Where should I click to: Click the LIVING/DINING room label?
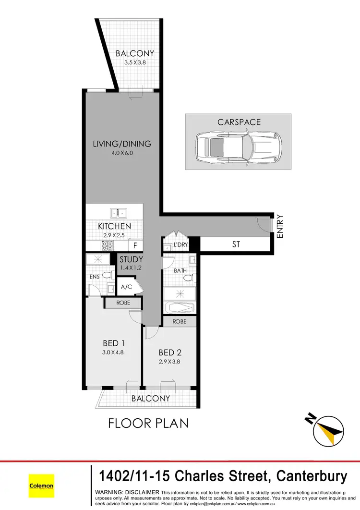coord(121,144)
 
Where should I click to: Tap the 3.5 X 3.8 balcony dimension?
coord(135,62)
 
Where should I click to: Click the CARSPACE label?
coord(239,122)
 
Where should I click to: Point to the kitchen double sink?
coord(118,212)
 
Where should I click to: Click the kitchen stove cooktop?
coord(107,245)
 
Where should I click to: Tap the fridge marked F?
coord(135,245)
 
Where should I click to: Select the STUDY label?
coord(131,260)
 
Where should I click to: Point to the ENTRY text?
coord(280,227)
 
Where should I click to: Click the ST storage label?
coord(236,244)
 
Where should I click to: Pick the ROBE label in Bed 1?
coord(123,303)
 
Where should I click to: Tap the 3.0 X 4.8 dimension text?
coord(113,352)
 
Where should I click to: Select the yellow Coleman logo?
coord(41,486)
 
